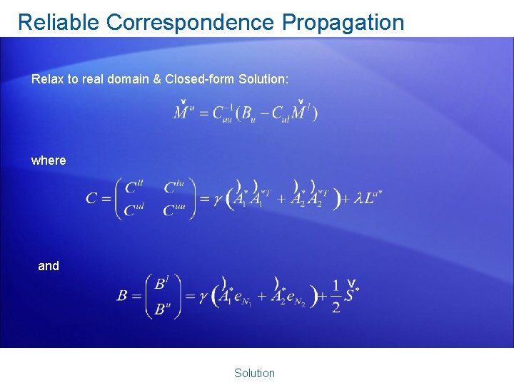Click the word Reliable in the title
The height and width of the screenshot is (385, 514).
59,22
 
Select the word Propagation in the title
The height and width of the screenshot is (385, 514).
343,22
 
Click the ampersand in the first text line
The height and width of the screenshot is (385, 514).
156,79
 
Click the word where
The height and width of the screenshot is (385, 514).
49,160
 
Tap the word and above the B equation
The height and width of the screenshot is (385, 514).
49,266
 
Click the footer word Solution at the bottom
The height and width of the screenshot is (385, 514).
254,373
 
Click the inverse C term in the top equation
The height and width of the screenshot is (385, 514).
223,113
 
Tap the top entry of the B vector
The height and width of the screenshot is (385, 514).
162,284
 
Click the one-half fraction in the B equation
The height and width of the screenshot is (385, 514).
335,296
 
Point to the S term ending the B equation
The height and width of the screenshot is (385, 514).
352,294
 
